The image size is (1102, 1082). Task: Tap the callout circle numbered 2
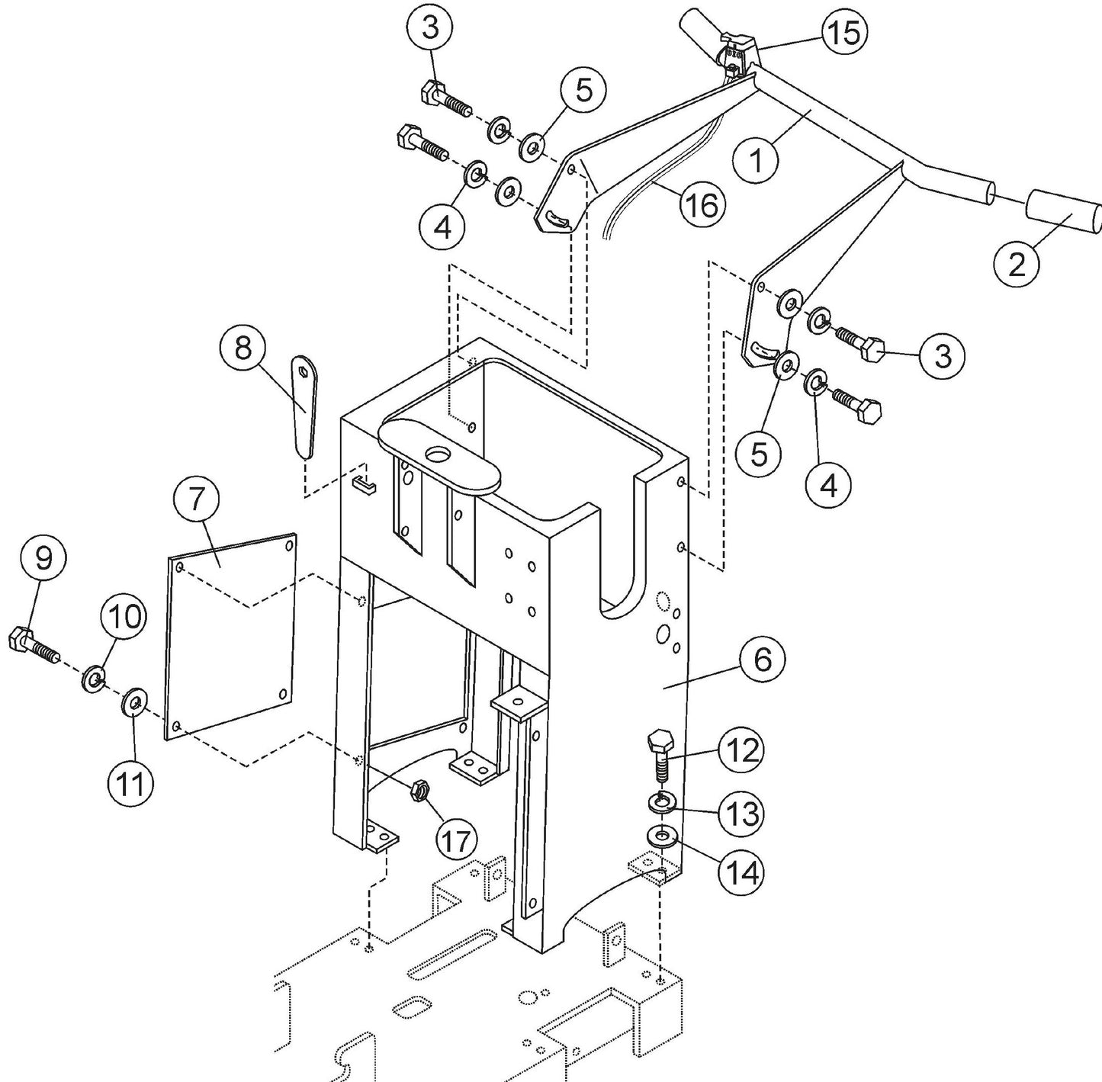[1017, 264]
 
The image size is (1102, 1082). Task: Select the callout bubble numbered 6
[762, 660]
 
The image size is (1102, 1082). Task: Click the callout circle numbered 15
[844, 33]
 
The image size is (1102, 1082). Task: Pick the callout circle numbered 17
[456, 840]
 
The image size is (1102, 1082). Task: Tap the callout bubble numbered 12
[740, 751]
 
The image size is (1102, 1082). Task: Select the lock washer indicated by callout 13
[660, 802]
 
